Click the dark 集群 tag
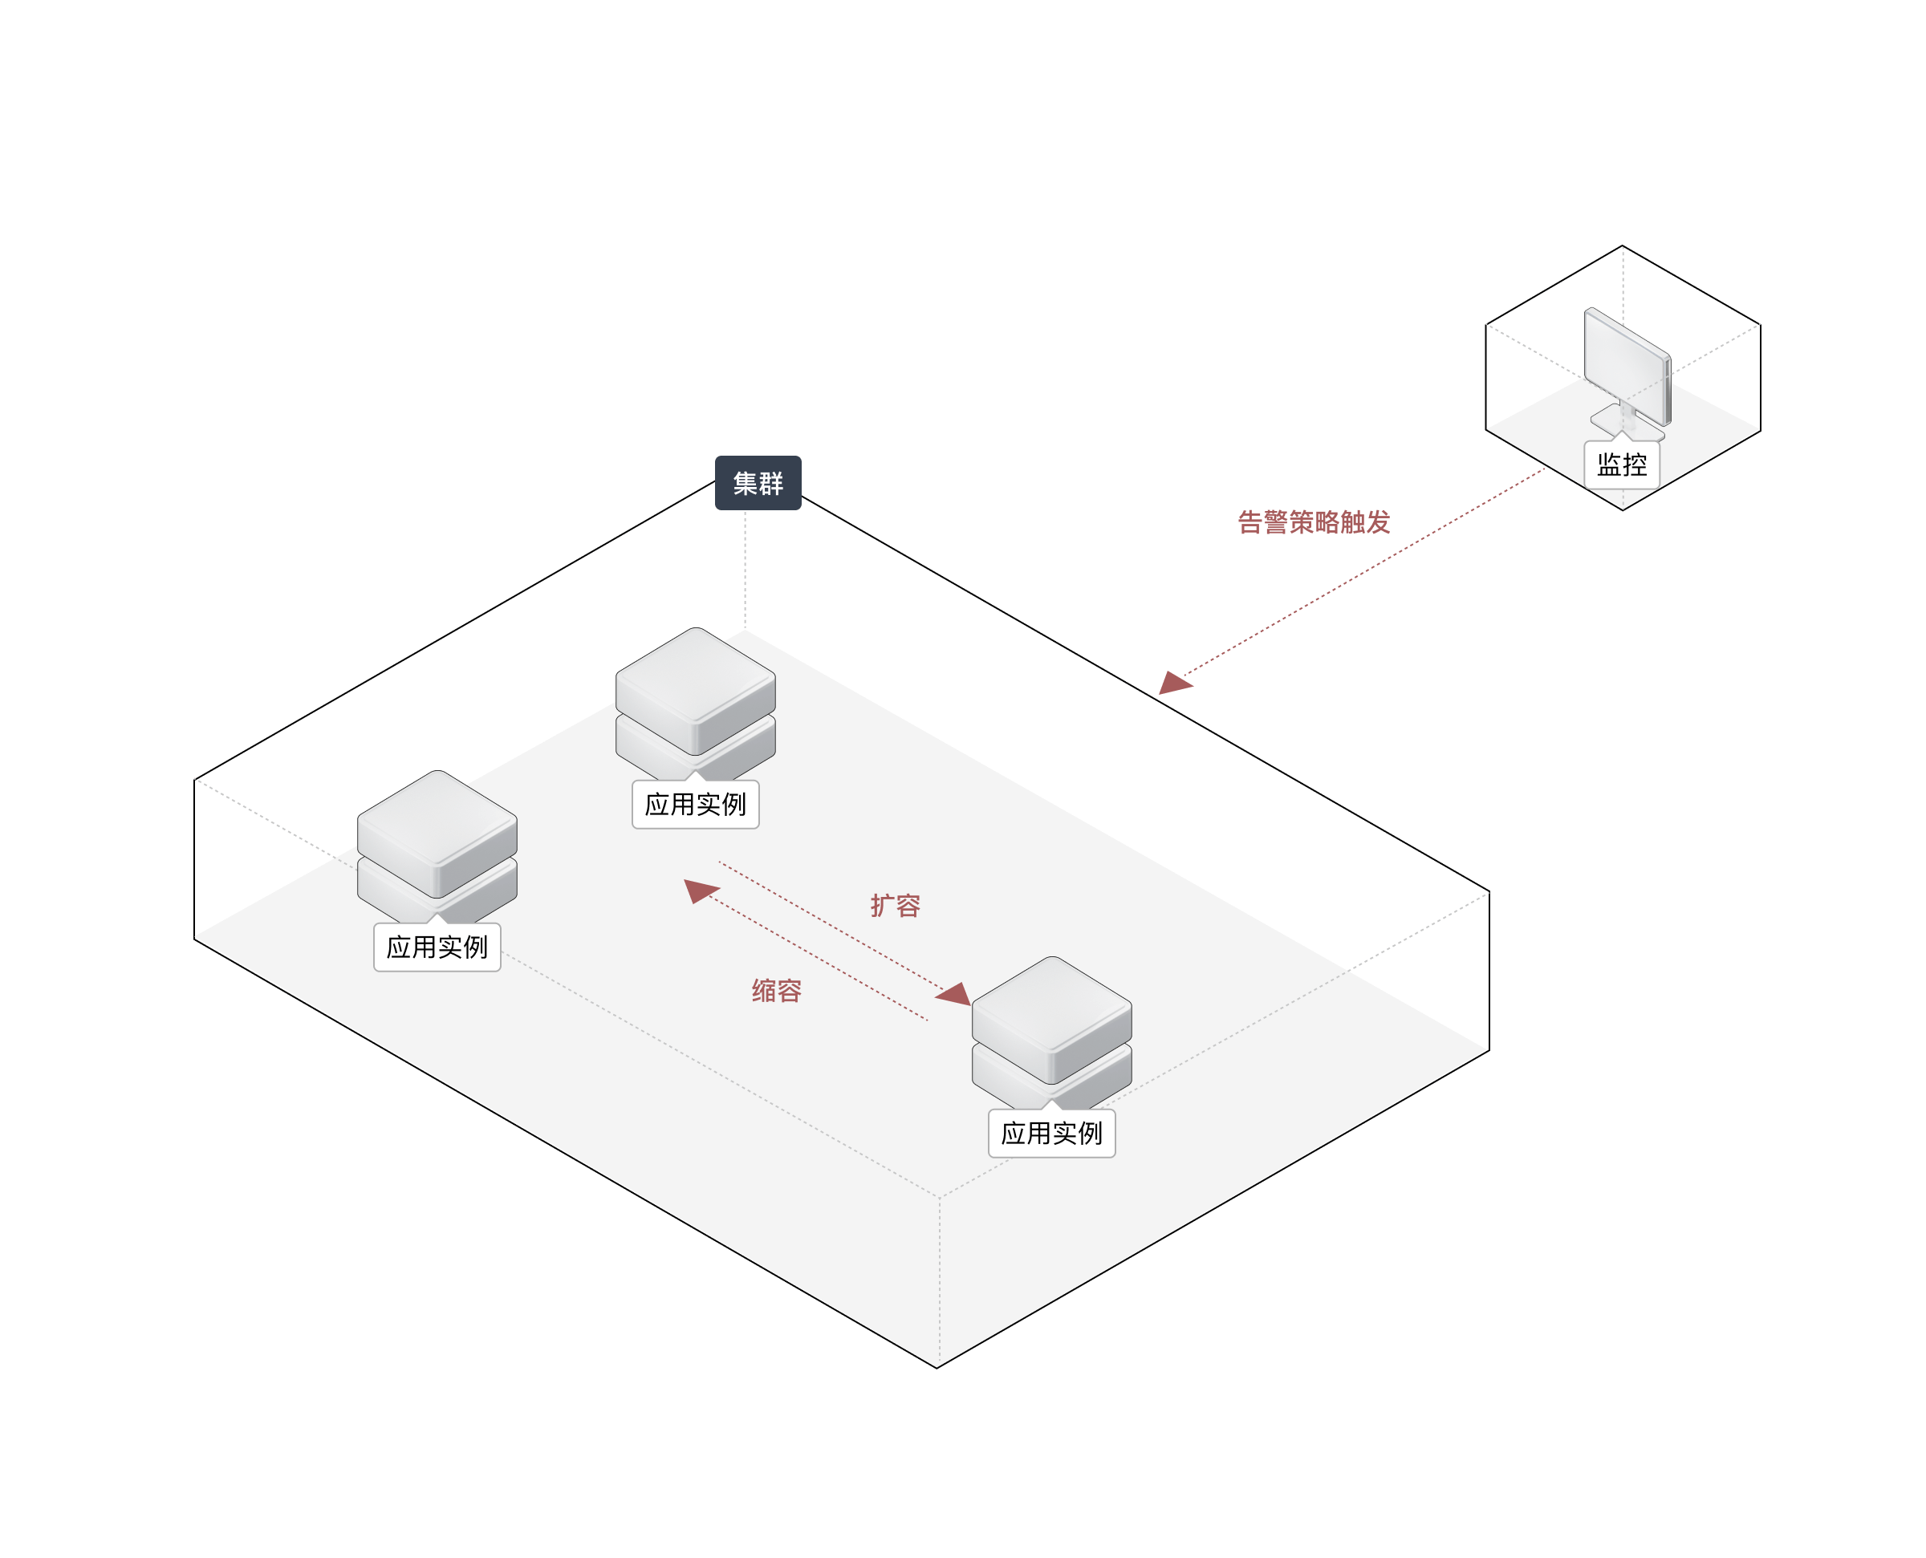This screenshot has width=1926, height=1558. [758, 483]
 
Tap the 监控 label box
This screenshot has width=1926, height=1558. [1622, 465]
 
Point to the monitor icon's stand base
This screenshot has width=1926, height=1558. [1624, 421]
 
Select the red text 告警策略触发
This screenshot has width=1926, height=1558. [1313, 521]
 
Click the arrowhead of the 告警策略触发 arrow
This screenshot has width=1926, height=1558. [1173, 683]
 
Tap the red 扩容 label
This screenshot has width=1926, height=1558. [895, 906]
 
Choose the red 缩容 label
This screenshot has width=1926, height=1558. [776, 991]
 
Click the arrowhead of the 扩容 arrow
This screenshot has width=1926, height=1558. [955, 993]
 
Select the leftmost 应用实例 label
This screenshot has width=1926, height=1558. [437, 947]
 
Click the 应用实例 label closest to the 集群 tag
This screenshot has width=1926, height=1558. [696, 804]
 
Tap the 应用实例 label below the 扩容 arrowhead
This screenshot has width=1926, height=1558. [1052, 1134]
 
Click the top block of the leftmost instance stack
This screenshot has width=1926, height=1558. [437, 830]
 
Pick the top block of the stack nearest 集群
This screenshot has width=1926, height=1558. [696, 688]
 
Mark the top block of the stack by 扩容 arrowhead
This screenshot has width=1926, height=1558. [1052, 1016]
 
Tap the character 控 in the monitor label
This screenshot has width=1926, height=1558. [1635, 465]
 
